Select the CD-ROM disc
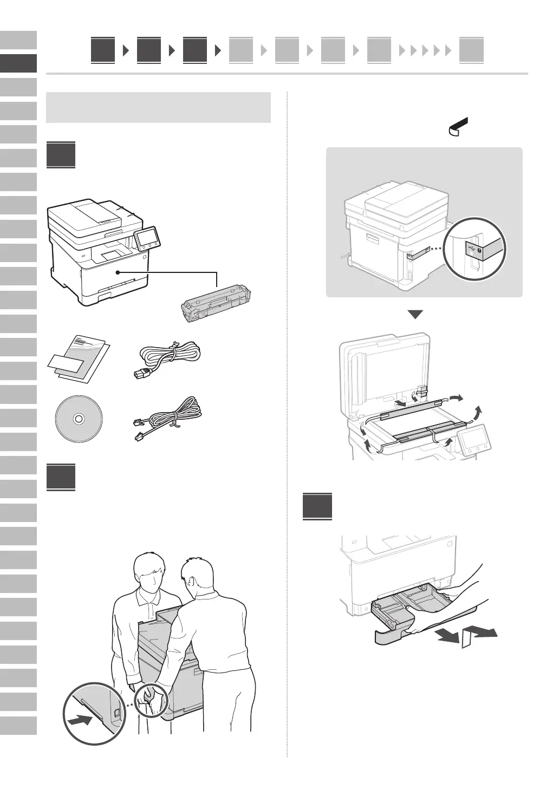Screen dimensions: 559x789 tap(79, 419)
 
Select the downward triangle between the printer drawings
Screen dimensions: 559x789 tap(415, 315)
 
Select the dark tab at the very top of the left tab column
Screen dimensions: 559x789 tap(18, 63)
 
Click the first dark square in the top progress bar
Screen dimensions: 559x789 tap(103, 51)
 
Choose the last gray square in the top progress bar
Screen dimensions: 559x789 tap(471, 51)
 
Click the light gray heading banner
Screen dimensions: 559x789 tap(158, 107)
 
